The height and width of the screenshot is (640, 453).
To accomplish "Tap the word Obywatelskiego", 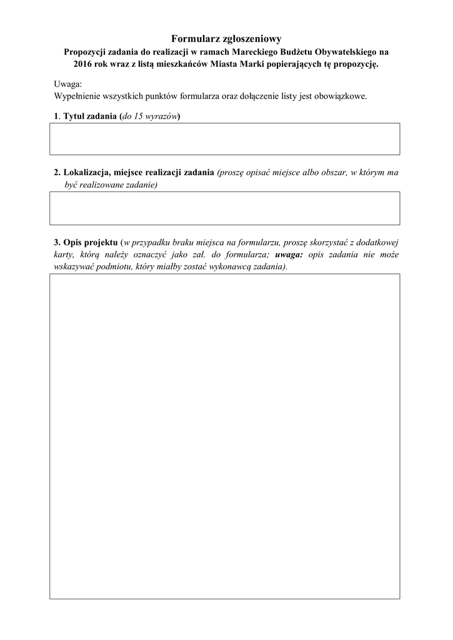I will [x=345, y=52].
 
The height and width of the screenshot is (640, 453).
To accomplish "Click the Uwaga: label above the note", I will [x=68, y=84].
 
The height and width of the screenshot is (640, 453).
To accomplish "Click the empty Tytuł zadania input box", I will [x=225, y=139].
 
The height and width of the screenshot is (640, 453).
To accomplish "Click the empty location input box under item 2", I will [x=225, y=207].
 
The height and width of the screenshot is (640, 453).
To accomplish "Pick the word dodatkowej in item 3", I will [x=379, y=242].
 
